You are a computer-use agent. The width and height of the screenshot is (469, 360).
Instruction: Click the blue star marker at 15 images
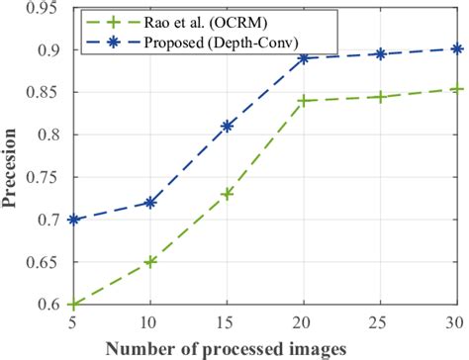tap(228, 126)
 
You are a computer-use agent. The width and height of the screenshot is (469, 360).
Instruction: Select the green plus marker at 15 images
tap(228, 194)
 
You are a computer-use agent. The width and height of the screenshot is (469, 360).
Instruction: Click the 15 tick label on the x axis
tap(228, 321)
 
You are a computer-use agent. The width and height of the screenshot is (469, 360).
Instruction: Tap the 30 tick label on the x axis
tap(456, 321)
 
